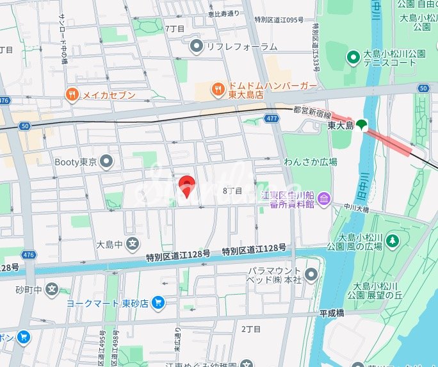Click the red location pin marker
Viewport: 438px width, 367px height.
[186, 186]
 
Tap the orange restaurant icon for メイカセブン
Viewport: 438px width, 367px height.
[72, 95]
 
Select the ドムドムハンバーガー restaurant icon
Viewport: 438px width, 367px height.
[218, 90]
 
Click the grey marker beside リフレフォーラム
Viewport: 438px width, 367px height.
[197, 46]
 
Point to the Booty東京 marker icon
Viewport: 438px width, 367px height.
[107, 161]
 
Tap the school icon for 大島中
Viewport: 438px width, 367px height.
[132, 243]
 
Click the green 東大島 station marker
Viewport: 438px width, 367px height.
[362, 125]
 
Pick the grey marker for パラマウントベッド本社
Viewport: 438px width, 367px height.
[311, 275]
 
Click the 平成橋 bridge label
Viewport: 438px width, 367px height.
[332, 313]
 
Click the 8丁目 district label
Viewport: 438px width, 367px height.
[232, 191]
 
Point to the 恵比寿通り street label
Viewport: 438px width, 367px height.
[223, 13]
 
